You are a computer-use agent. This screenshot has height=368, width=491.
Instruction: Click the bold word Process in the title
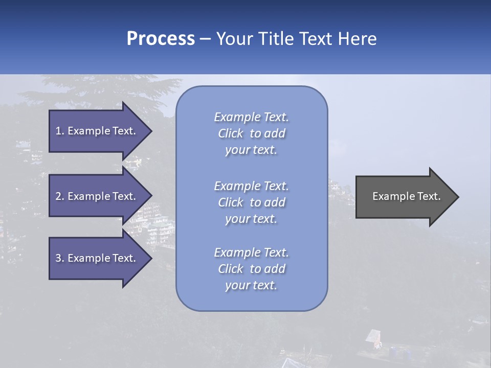click(161, 39)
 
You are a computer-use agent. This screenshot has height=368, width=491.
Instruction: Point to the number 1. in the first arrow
click(60, 131)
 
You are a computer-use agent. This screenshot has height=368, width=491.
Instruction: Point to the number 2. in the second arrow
click(60, 196)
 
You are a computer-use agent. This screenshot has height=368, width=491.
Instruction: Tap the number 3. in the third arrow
click(60, 258)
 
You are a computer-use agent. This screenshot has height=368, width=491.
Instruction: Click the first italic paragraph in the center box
click(251, 133)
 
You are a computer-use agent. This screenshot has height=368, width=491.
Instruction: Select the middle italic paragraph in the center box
click(251, 202)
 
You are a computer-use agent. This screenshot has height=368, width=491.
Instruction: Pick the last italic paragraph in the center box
click(251, 269)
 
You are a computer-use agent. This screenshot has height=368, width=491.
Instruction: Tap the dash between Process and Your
click(205, 39)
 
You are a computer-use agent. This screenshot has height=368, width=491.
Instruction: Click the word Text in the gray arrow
click(429, 196)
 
